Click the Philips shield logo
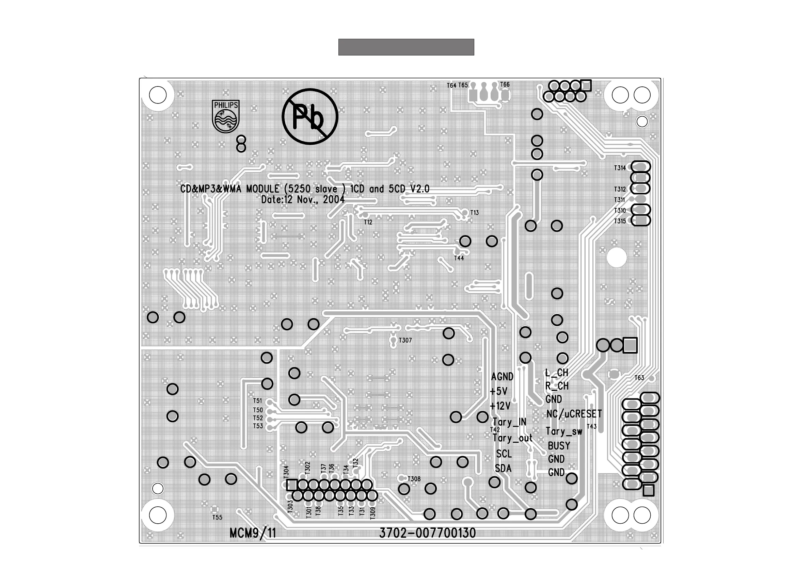[225, 116]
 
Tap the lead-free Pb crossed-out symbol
[310, 116]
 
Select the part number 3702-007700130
[427, 533]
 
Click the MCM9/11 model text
[253, 533]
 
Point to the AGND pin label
[502, 377]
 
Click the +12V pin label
[500, 406]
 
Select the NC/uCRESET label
[574, 414]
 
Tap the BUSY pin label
[559, 446]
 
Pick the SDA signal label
[503, 469]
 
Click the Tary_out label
[512, 438]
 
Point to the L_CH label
[557, 373]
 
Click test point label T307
[405, 340]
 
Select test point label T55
[217, 517]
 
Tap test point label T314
[620, 168]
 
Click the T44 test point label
[459, 258]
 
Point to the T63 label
[639, 378]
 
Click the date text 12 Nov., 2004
[303, 200]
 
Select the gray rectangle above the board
[406, 47]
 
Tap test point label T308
[414, 479]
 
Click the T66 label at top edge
[505, 84]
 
